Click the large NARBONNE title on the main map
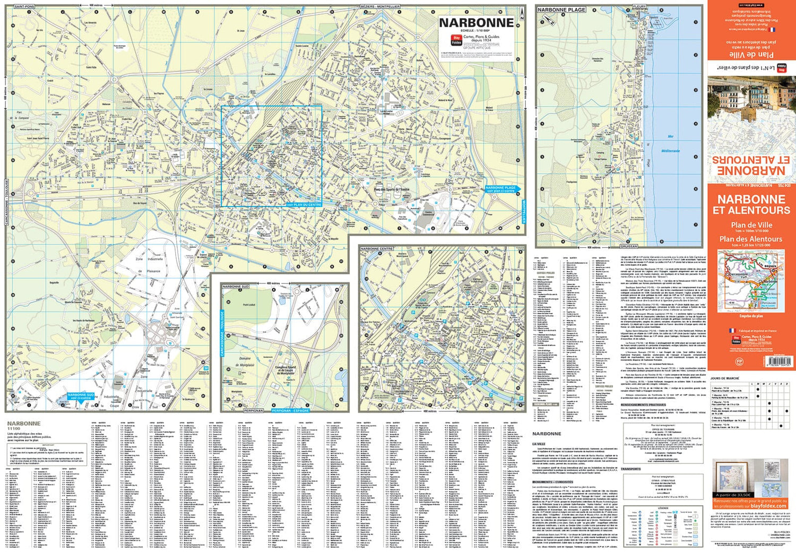click(476, 23)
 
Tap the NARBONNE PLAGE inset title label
click(561, 10)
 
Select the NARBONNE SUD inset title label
click(236, 287)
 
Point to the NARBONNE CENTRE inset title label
click(377, 248)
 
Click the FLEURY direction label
click(639, 6)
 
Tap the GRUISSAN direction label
click(629, 246)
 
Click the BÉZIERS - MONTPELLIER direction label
click(380, 6)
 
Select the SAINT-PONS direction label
click(24, 6)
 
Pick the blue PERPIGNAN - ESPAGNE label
click(290, 410)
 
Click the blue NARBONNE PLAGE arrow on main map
click(501, 188)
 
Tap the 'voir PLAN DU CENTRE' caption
click(304, 204)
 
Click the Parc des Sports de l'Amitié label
click(392, 189)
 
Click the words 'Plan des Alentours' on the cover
click(750, 239)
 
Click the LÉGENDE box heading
click(663, 508)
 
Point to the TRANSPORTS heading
click(630, 469)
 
